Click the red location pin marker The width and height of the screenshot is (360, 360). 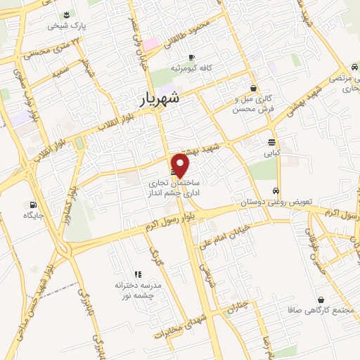tap(181, 165)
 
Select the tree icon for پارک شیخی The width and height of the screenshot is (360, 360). tap(66, 14)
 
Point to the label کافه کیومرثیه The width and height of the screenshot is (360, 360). tap(192, 70)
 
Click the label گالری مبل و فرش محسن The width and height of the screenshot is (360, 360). tap(252, 105)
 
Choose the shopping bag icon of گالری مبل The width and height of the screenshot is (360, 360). tap(252, 89)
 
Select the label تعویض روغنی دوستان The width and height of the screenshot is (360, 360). tap(271, 202)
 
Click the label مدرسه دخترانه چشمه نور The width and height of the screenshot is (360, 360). tap(139, 290)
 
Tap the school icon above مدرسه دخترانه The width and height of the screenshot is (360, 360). tap(138, 274)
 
